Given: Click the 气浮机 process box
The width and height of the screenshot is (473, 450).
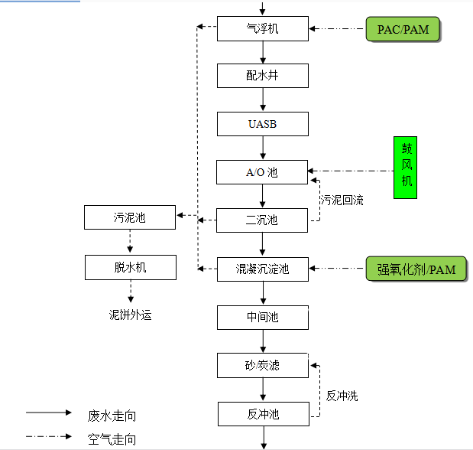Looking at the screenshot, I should [x=263, y=28].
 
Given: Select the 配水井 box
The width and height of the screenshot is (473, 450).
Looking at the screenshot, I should [x=263, y=76].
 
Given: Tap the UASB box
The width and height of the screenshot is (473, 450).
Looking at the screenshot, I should [x=263, y=124].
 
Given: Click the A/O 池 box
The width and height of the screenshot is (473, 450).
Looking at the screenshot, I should [x=263, y=172].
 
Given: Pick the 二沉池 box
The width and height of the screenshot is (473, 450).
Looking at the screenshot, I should [x=263, y=220].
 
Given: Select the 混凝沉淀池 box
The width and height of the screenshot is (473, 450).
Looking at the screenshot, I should [x=263, y=269].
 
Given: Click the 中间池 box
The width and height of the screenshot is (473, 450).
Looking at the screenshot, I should [x=263, y=317].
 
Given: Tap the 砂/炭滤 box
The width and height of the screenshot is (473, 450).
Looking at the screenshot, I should [x=263, y=365].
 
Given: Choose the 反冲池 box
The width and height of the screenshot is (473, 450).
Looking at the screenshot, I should [x=263, y=414].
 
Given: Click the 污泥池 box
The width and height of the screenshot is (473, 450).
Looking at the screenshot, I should [x=130, y=217].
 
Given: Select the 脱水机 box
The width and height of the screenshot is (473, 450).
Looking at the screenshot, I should [x=130, y=266].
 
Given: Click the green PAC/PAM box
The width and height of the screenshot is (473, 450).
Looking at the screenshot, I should [x=403, y=29].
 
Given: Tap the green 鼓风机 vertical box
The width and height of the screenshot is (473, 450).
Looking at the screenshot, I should [x=405, y=168].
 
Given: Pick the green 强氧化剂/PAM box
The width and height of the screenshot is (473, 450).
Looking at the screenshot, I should [x=416, y=269].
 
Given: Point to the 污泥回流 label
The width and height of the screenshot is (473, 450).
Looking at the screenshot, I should [x=342, y=201].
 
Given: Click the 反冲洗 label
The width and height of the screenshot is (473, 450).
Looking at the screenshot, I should [x=342, y=396].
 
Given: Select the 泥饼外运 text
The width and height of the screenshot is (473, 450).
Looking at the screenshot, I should [x=130, y=315].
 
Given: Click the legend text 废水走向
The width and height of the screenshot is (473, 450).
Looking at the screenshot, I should [x=112, y=416].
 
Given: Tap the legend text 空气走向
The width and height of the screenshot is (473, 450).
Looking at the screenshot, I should [x=112, y=439].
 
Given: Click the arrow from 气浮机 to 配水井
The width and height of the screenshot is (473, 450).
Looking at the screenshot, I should [x=263, y=52].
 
